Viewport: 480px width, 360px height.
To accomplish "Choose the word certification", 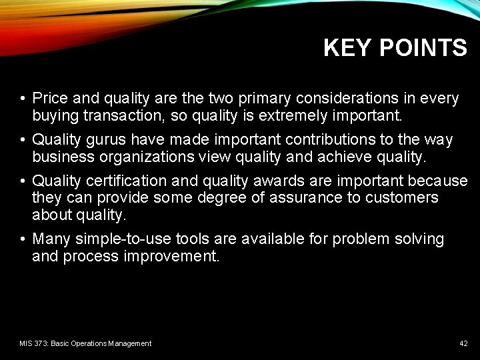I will [127, 181].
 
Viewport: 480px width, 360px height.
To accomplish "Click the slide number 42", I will [463, 343].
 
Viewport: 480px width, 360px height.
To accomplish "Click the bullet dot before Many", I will [23, 239].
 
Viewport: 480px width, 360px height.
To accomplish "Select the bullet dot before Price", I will [23, 99].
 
